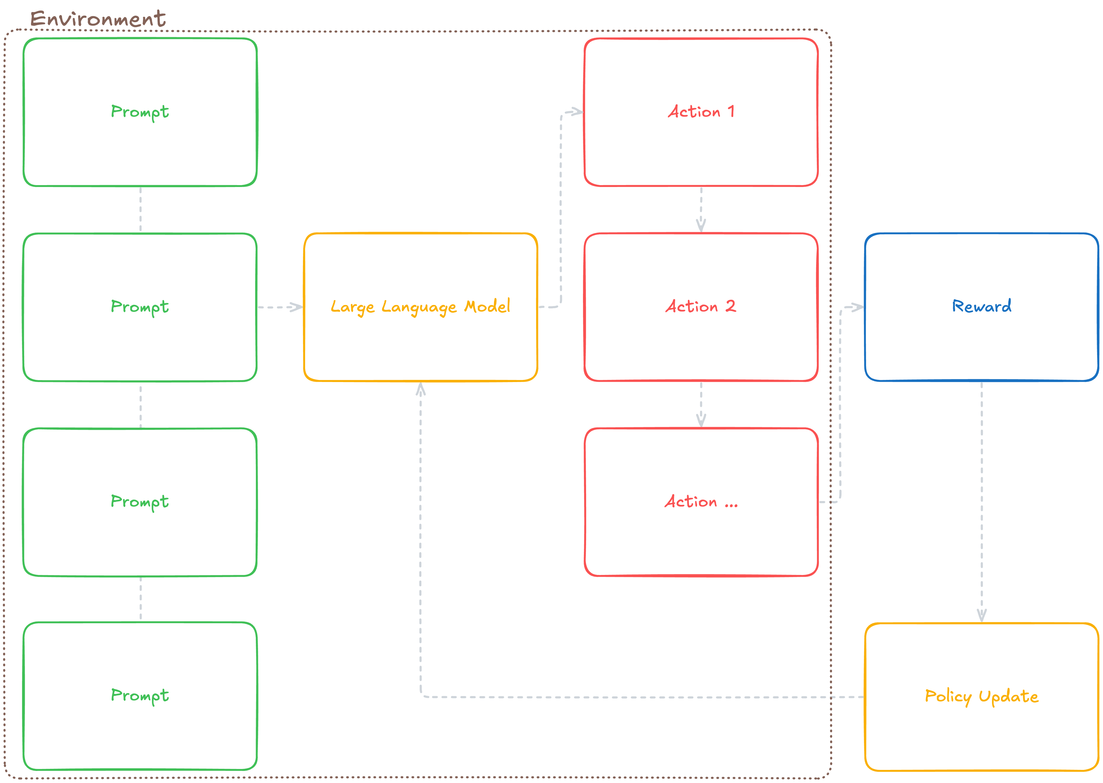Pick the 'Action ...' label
click(701, 502)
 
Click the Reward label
click(982, 306)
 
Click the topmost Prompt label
click(140, 112)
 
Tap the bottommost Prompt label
click(140, 695)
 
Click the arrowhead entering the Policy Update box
click(982, 615)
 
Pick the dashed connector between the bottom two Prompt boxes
click(140, 599)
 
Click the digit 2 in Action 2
click(731, 306)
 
